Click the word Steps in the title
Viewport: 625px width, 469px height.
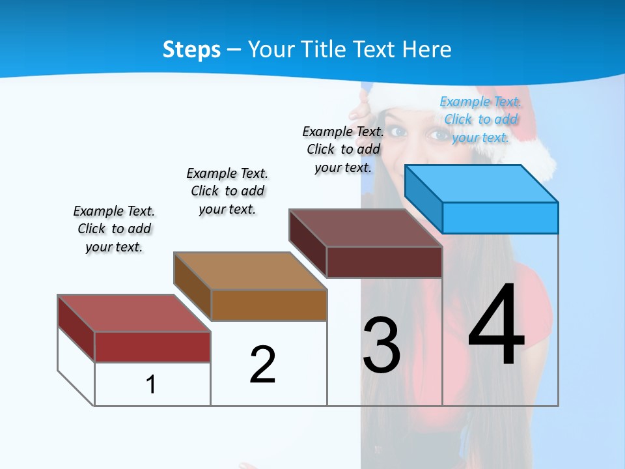(x=191, y=50)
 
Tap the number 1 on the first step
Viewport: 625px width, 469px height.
(x=151, y=384)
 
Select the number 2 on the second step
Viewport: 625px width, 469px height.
(x=262, y=365)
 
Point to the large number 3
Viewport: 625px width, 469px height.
(x=382, y=345)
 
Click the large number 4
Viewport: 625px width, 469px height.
(x=496, y=326)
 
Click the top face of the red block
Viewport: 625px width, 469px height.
(x=134, y=313)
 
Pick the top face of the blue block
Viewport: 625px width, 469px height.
(x=481, y=184)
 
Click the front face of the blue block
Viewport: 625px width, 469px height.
(x=500, y=218)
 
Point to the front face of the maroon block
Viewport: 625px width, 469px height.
(x=384, y=262)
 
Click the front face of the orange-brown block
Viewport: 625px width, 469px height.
(x=269, y=305)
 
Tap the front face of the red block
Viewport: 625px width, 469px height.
(x=152, y=347)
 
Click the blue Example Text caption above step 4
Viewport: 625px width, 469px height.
(x=480, y=119)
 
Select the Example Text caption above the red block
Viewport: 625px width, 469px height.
(x=114, y=229)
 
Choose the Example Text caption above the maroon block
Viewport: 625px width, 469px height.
(x=343, y=149)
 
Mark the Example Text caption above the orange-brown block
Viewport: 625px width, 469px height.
(x=227, y=191)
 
